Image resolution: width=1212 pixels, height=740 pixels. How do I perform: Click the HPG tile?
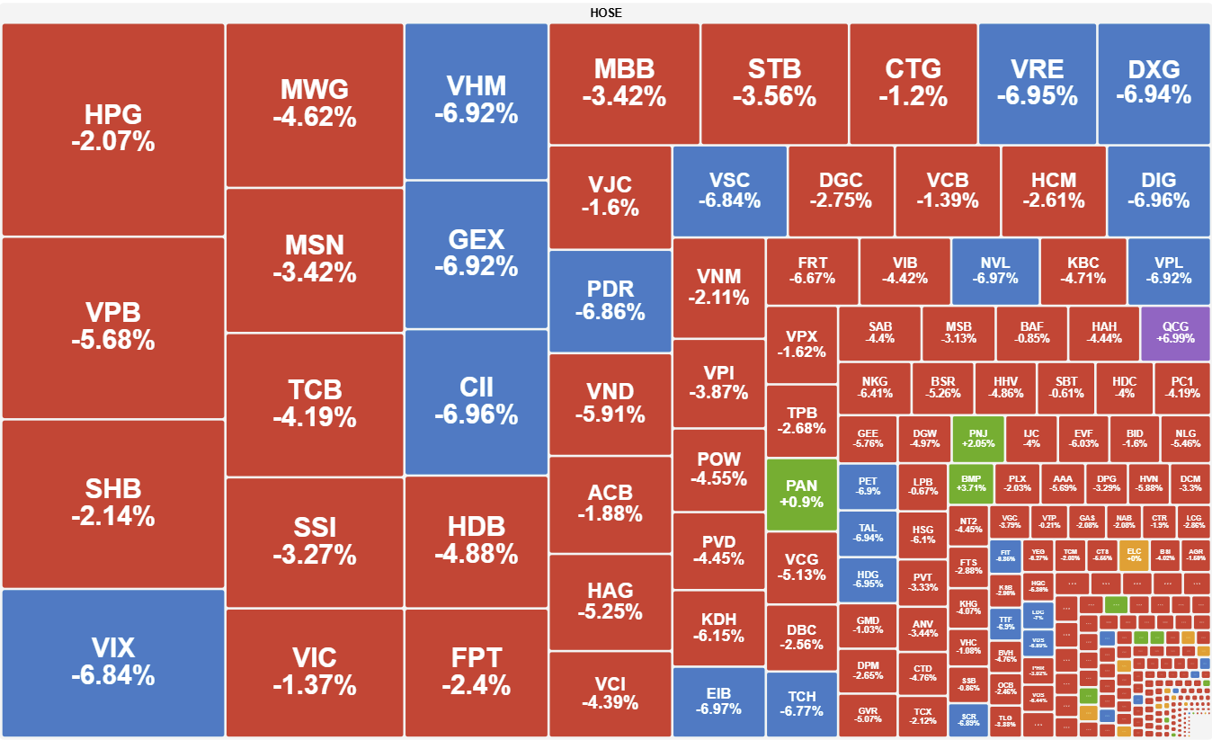point(112,129)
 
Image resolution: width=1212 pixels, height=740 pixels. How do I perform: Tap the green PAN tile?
point(801,494)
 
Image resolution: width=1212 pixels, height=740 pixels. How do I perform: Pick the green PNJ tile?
point(977,438)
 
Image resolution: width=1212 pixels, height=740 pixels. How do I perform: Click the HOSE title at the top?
point(606,13)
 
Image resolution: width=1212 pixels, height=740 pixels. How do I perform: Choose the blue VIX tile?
point(112,662)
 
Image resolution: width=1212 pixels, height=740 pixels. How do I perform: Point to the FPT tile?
point(476,672)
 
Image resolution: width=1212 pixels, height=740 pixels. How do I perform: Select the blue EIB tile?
point(717,700)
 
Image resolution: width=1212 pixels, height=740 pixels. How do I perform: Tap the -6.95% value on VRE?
point(1037,95)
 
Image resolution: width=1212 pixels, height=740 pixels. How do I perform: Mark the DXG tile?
point(1154,82)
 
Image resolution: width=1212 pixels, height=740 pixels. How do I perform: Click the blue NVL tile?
point(994,271)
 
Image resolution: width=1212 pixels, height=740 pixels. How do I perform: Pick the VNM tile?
point(717,288)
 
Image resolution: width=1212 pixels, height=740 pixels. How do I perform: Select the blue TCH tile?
point(801,704)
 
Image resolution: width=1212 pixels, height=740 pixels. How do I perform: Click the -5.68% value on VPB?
point(112,341)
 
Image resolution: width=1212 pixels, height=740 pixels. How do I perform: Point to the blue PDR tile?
point(610,300)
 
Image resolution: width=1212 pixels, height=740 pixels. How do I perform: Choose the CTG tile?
point(913,82)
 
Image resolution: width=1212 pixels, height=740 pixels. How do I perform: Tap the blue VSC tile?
point(729,191)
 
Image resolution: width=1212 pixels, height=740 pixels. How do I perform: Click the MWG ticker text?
point(314,90)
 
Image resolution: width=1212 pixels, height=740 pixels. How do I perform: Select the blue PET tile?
point(868,486)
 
